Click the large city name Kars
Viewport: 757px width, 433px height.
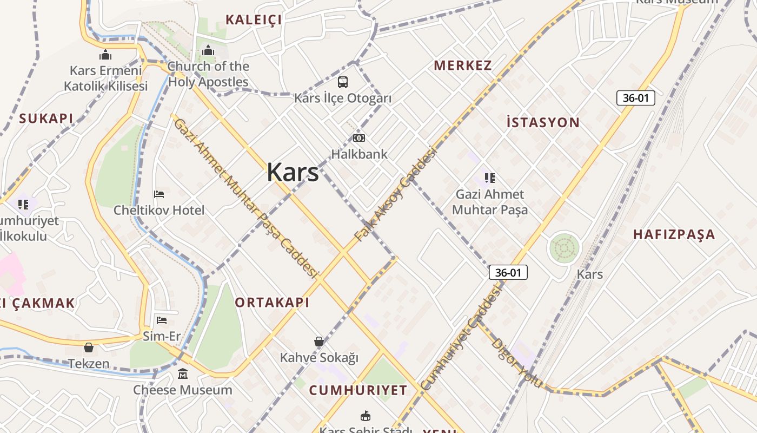pos(293,173)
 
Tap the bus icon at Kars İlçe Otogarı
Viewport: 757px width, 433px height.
pos(343,82)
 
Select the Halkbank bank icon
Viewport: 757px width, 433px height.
pos(359,138)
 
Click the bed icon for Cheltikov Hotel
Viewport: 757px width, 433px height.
pos(159,194)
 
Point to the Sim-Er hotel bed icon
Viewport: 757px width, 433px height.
pos(161,320)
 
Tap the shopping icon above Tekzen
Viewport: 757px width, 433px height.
pos(89,347)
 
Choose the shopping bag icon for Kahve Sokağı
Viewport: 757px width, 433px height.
pos(319,342)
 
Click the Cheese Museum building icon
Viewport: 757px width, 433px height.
pos(183,374)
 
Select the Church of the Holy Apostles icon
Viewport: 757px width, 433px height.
pos(208,51)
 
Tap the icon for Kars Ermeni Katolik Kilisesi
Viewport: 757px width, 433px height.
pos(105,55)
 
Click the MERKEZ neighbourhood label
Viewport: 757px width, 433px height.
pos(463,65)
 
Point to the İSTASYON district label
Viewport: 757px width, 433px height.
pos(543,122)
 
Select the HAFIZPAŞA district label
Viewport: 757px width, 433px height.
pos(674,234)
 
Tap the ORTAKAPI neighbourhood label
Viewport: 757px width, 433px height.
pos(273,303)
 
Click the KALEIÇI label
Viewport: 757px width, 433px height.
pos(254,20)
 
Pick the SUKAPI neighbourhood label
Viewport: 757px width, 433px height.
pos(46,119)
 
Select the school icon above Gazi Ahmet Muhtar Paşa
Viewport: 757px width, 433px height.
pos(490,178)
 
